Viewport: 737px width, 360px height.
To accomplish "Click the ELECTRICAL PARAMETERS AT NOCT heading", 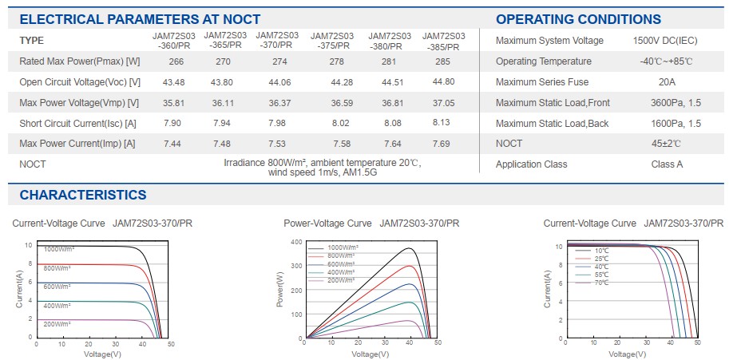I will [140, 19].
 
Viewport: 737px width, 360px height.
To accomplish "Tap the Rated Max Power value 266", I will [176, 61].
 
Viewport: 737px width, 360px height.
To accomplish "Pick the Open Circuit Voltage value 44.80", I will [443, 81].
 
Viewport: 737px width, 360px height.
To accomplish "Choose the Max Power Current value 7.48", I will [223, 144].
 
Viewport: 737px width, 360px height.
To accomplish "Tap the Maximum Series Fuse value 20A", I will [667, 82].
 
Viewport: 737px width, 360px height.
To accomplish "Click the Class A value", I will [667, 164].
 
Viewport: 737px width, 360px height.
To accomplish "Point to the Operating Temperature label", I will [544, 61].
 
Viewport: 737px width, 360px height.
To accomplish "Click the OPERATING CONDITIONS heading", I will [578, 19].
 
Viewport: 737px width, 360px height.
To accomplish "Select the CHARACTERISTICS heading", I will [83, 195].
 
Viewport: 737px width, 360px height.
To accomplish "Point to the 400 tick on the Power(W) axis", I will [296, 242].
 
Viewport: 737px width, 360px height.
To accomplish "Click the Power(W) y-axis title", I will [279, 290].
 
